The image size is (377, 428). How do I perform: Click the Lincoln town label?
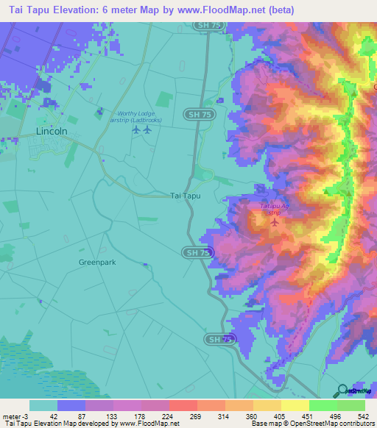tap(52, 131)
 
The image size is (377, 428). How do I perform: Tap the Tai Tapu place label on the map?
tap(185, 196)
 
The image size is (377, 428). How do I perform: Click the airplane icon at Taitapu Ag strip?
tap(275, 222)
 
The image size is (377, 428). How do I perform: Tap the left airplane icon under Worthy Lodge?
tap(135, 130)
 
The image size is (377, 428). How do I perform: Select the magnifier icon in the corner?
tap(342, 390)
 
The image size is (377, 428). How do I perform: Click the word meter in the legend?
tap(11, 416)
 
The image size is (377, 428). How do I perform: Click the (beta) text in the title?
tap(278, 10)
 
